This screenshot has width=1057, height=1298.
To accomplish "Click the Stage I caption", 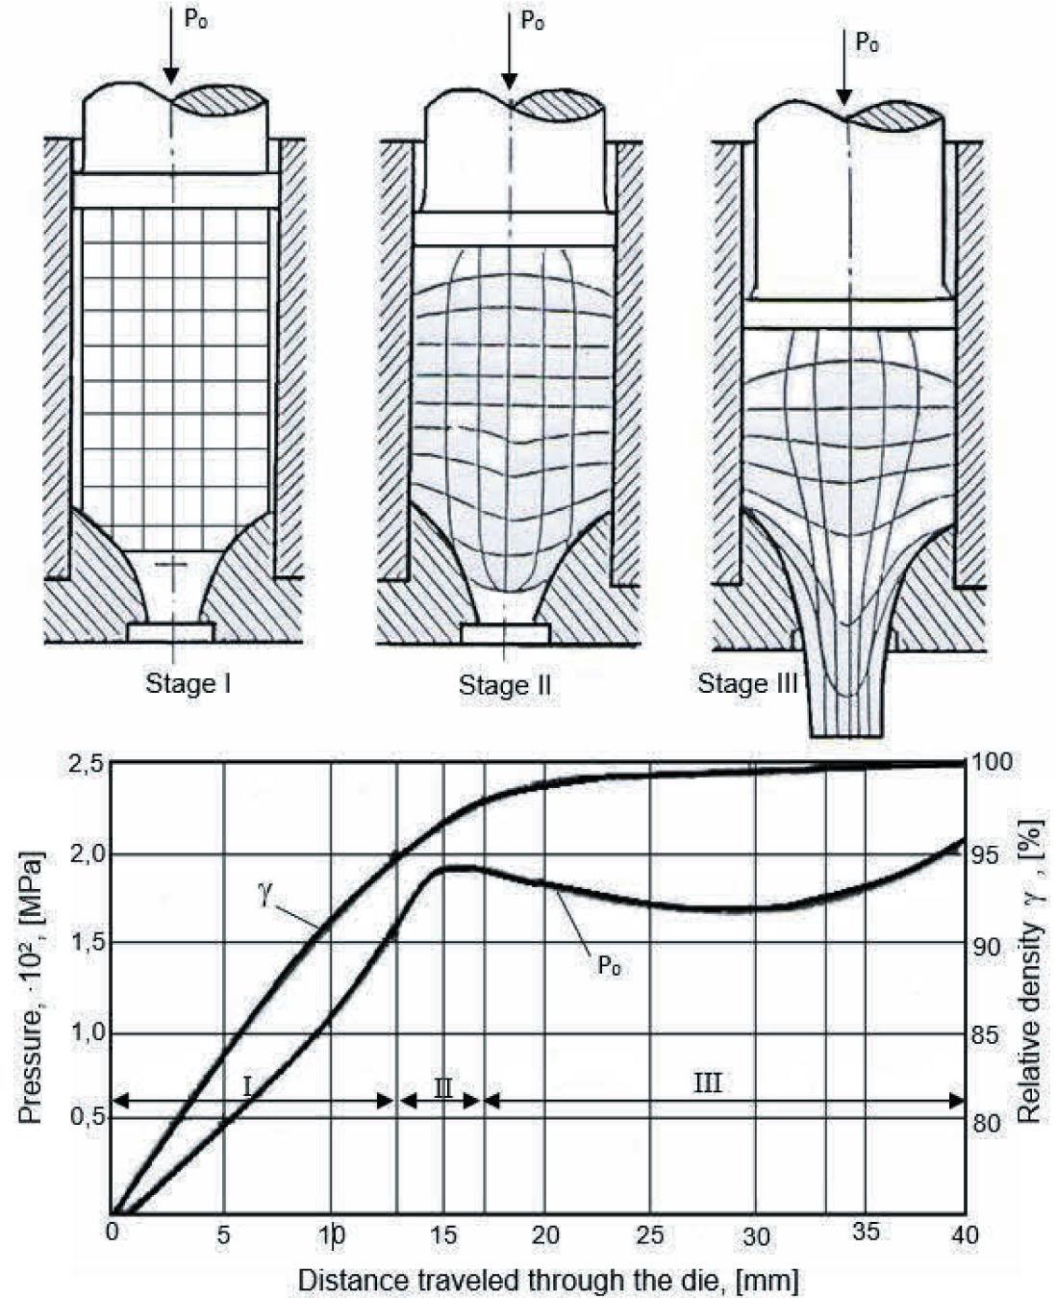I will pyautogui.click(x=188, y=683).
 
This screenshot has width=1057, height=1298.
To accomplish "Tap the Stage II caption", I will pyautogui.click(x=504, y=685).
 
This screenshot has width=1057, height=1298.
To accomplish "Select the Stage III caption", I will pyautogui.click(x=747, y=683).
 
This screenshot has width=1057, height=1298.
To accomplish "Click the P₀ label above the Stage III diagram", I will pyautogui.click(x=867, y=43).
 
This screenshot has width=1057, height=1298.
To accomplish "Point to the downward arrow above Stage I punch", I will pyautogui.click(x=170, y=48).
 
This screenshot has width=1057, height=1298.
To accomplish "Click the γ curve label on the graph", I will pyautogui.click(x=264, y=892).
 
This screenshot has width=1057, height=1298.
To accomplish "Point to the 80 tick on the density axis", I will pyautogui.click(x=991, y=1123).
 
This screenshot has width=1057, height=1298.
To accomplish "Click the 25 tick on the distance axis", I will pyautogui.click(x=650, y=1234).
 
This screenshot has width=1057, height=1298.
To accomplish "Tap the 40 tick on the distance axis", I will pyautogui.click(x=963, y=1234).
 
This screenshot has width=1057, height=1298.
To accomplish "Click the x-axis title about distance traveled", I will pyautogui.click(x=547, y=1281).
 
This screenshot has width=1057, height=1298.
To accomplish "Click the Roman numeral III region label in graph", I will pyautogui.click(x=707, y=1082).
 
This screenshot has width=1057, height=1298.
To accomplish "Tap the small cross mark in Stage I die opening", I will pyautogui.click(x=174, y=566).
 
